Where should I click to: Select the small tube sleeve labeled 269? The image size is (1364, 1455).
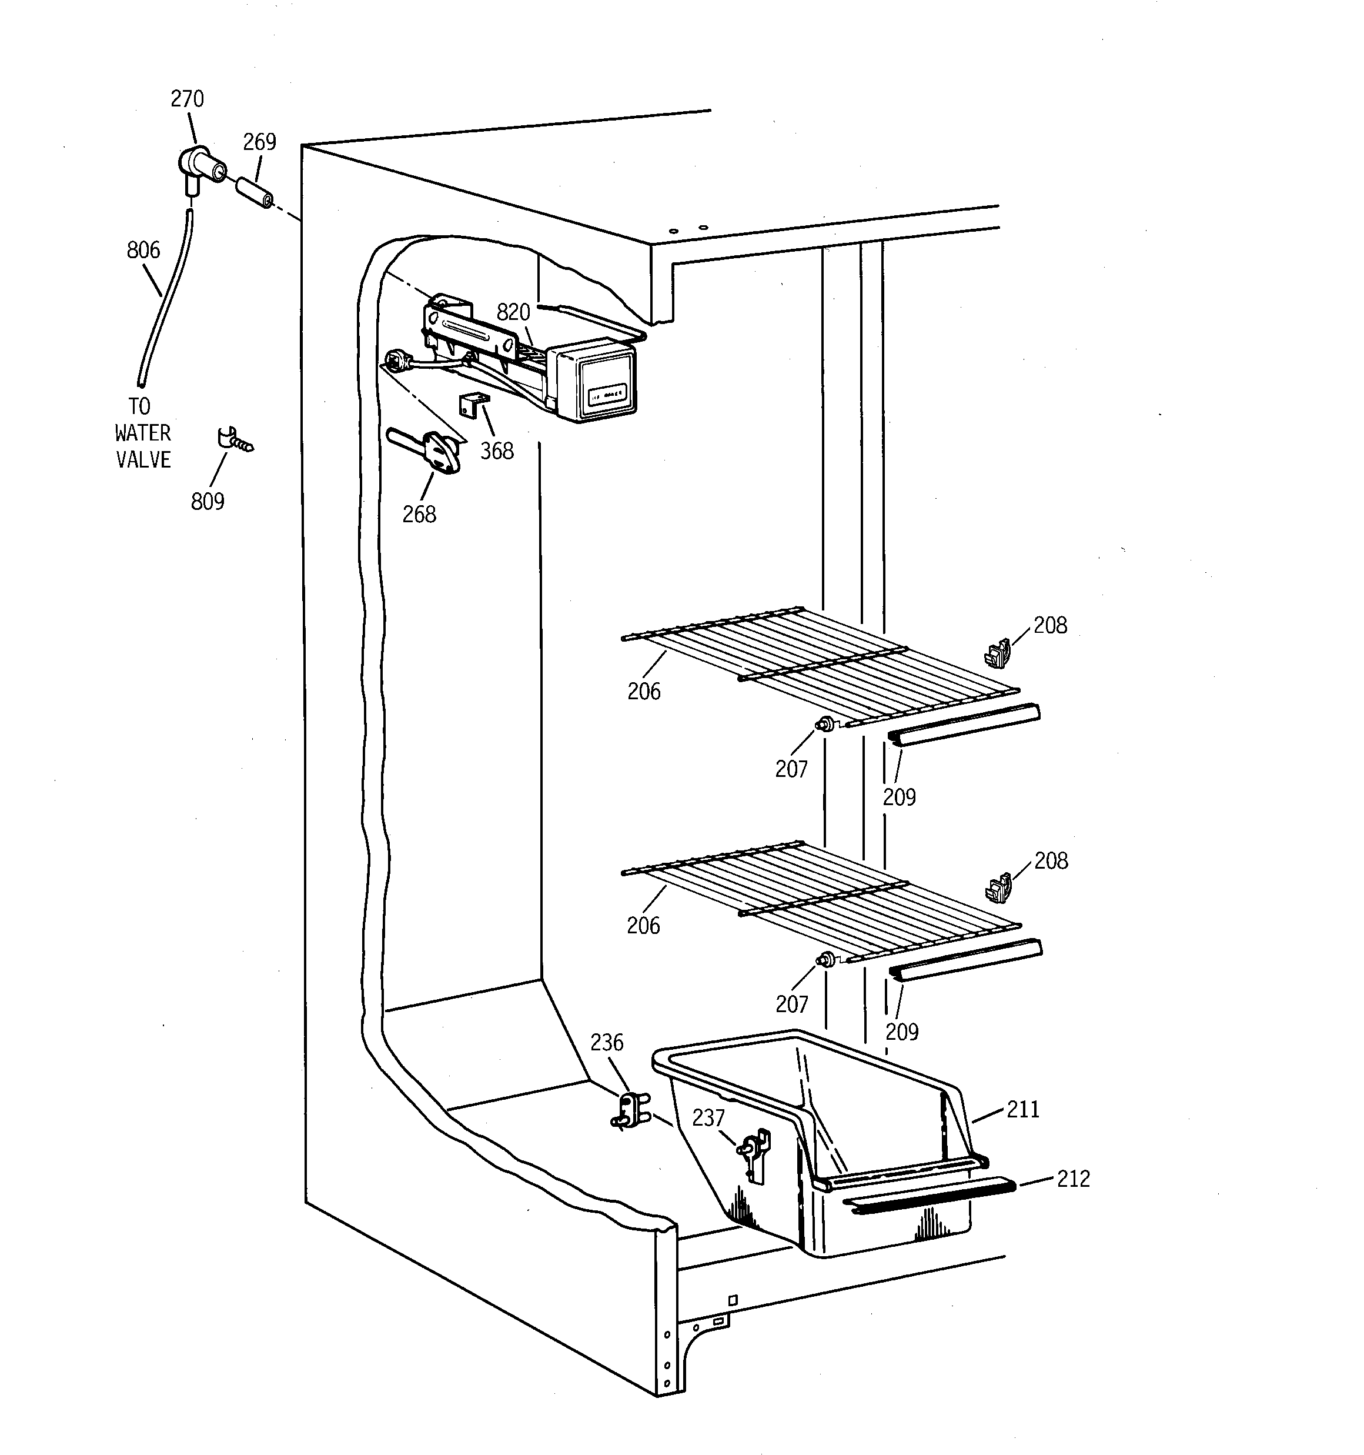point(255,192)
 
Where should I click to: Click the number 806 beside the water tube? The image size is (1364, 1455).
point(143,251)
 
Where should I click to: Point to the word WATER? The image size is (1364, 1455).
point(143,433)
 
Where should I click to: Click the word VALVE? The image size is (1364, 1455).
point(143,460)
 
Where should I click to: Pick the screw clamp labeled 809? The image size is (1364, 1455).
point(234,441)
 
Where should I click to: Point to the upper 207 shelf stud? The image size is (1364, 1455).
point(826,724)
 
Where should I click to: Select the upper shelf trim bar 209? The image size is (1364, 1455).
point(964,725)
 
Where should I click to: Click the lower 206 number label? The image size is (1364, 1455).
point(643,926)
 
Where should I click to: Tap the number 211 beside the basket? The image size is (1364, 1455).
point(1023,1110)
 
